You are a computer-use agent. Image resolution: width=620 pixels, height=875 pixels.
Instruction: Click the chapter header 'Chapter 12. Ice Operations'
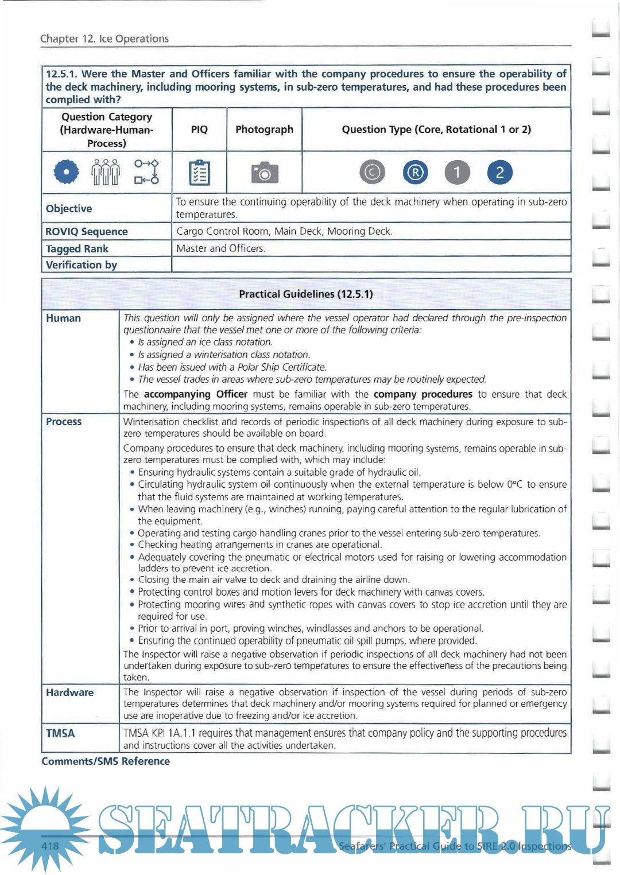[104, 38]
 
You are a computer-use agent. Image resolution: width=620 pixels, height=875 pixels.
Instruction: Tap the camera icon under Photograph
[265, 172]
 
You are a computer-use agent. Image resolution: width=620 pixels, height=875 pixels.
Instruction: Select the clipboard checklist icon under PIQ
[199, 172]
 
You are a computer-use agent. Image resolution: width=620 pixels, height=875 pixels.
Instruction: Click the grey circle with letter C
[373, 172]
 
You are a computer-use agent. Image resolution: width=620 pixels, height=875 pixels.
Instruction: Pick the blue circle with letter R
[415, 172]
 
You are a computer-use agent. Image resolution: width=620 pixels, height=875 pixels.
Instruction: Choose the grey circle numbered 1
[457, 172]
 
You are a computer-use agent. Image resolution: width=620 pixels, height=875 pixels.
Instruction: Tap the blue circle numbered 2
[499, 172]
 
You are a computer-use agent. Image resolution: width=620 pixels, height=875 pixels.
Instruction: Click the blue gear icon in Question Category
[67, 172]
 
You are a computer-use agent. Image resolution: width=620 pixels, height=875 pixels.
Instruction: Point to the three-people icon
[106, 172]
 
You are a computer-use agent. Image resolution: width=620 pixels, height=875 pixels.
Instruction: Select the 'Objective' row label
[69, 208]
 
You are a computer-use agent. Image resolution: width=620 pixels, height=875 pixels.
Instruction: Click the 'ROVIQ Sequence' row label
[87, 231]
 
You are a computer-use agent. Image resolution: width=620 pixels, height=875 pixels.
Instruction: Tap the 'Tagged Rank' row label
[77, 248]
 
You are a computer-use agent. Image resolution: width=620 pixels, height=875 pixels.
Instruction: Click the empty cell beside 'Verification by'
[371, 265]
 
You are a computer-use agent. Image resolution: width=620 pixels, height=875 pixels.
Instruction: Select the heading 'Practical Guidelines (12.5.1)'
[306, 294]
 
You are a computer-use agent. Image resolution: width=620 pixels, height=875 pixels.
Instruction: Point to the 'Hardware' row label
[69, 693]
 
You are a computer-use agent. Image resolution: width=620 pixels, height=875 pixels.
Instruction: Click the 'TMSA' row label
[60, 733]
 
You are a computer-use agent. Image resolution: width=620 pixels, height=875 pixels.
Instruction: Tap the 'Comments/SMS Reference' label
[106, 761]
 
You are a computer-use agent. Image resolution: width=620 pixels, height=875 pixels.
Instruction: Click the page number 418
[50, 846]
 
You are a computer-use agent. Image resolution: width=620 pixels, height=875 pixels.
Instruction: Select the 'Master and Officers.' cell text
[220, 248]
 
